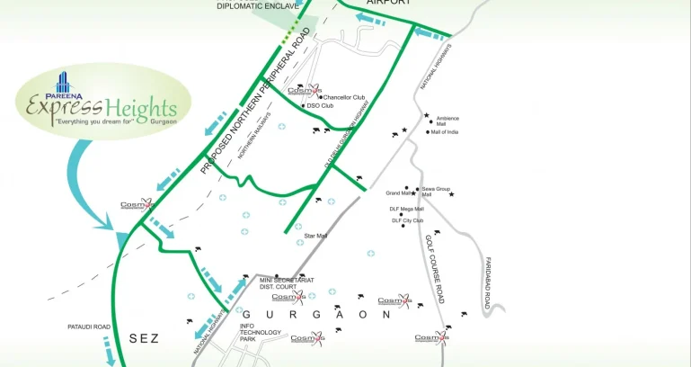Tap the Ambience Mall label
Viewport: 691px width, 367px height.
tap(447, 121)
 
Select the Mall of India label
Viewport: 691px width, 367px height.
tap(445, 132)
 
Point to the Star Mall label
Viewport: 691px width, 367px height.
tap(315, 236)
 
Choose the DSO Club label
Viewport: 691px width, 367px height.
tap(320, 105)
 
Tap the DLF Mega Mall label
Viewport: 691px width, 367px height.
tap(406, 209)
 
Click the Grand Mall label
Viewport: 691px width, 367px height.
tap(398, 192)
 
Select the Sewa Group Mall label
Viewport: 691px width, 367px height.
tap(435, 192)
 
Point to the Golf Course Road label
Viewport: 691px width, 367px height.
tap(435, 269)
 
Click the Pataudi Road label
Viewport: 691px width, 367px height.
tap(89, 327)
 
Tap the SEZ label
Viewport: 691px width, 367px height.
tap(144, 338)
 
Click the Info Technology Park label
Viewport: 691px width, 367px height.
tap(260, 332)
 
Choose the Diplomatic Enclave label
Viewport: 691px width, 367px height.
tap(258, 6)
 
